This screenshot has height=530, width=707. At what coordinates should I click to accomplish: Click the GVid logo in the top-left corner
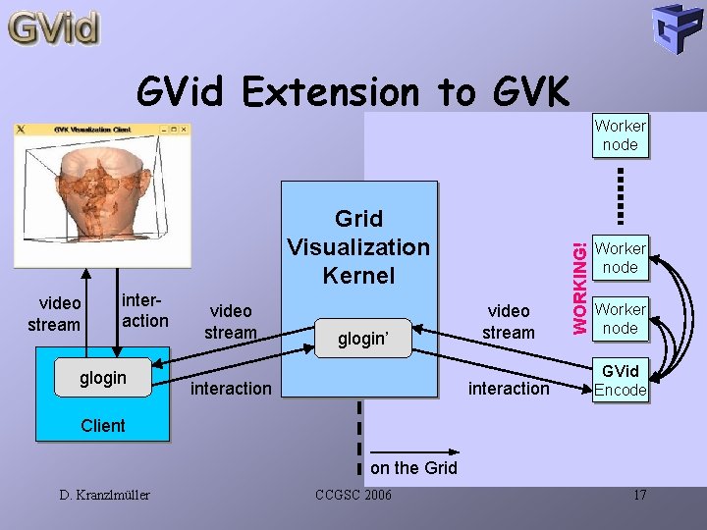[x=55, y=27]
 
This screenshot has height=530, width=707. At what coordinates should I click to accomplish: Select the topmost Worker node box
[x=620, y=135]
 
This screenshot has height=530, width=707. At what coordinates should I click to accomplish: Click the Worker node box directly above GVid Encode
[x=620, y=319]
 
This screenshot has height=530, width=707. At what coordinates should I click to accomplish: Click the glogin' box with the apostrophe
[x=363, y=339]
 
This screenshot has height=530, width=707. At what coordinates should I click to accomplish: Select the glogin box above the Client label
[x=103, y=378]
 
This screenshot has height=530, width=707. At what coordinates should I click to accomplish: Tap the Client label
[x=103, y=425]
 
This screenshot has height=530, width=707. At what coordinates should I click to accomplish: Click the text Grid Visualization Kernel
[x=358, y=246]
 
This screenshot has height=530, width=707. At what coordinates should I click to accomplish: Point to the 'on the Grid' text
[x=413, y=468]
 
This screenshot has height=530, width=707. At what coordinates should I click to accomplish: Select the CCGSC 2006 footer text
[x=353, y=495]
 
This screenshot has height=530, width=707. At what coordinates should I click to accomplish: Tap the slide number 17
[x=639, y=495]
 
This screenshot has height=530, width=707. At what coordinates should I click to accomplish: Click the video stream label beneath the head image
[x=54, y=314]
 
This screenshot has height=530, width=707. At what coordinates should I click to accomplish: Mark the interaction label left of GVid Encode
[x=509, y=389]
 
